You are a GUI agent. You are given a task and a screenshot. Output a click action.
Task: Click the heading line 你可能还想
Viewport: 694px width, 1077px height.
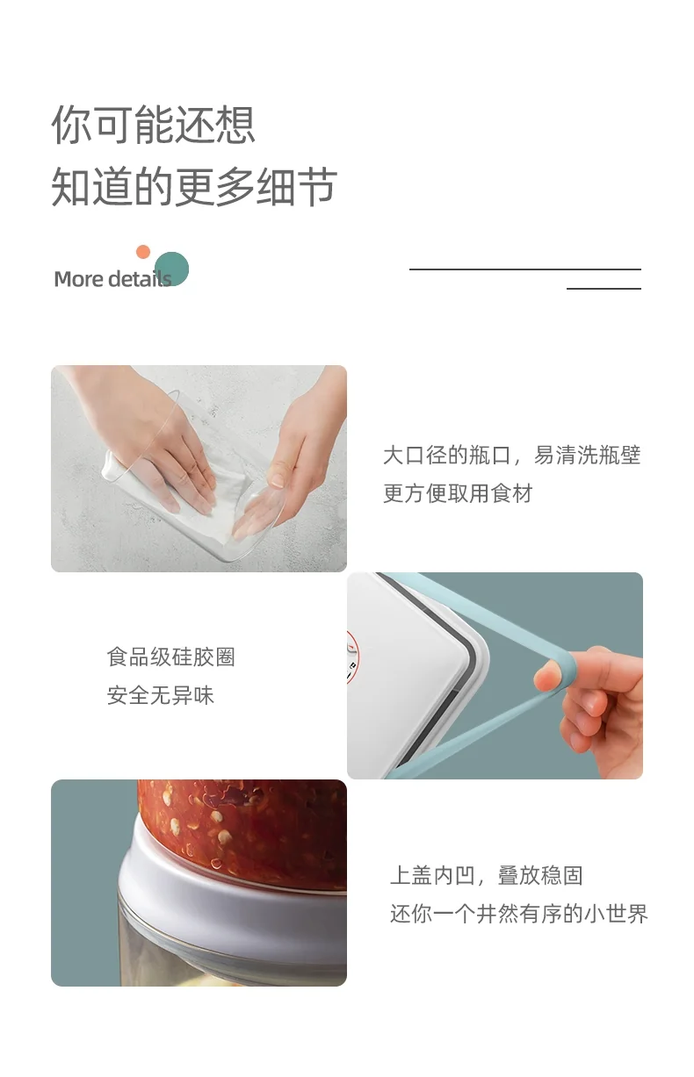[153, 125]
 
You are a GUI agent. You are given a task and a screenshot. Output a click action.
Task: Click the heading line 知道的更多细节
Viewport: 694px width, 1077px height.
[194, 187]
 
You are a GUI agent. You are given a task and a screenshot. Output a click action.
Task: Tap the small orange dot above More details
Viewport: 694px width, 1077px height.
[143, 251]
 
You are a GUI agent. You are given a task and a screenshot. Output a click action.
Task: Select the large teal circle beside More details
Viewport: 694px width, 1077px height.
[172, 269]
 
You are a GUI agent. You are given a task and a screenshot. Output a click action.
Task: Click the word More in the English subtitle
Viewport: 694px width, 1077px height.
[79, 279]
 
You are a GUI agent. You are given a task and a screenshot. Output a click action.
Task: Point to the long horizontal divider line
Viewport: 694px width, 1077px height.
[524, 269]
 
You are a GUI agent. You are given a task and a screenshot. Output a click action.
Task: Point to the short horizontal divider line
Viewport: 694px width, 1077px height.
[604, 289]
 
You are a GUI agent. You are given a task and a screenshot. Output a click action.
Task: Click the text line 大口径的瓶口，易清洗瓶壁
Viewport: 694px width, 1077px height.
[511, 456]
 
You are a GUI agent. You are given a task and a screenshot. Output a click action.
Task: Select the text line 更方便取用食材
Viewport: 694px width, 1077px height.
[458, 494]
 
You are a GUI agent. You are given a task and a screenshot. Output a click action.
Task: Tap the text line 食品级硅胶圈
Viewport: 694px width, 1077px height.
[170, 657]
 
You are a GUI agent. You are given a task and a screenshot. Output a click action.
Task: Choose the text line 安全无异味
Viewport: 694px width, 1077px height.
[160, 695]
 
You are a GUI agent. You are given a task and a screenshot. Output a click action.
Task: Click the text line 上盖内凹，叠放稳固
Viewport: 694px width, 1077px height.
[486, 875]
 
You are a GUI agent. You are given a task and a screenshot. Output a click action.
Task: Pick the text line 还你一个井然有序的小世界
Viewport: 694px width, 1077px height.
[519, 914]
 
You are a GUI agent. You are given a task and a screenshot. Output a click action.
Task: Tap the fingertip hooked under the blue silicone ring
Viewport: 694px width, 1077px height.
[546, 677]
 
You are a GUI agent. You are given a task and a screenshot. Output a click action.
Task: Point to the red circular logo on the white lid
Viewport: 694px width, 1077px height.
[352, 657]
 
